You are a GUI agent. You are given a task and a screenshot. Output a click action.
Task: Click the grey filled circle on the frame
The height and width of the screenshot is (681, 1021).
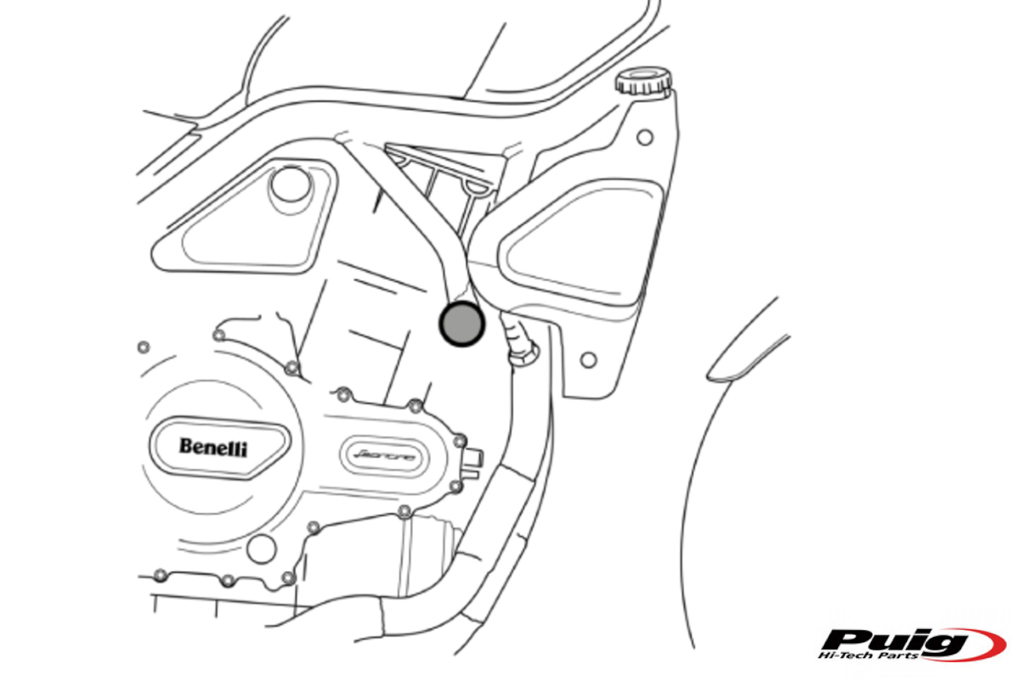point(462,323)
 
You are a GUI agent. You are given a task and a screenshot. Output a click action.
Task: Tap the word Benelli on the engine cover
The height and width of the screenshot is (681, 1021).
point(213,447)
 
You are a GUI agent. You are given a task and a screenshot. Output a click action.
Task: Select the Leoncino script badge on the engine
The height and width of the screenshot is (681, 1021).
point(385,456)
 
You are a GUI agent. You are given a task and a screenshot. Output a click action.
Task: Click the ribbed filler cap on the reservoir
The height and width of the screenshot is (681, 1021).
point(643,80)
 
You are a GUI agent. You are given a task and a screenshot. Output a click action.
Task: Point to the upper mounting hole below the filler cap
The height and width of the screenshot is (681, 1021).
point(645,137)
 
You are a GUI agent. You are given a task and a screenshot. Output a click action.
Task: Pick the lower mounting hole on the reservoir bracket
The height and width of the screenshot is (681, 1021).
point(587,361)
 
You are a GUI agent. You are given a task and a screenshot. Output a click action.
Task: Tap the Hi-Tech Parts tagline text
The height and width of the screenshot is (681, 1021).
point(868,656)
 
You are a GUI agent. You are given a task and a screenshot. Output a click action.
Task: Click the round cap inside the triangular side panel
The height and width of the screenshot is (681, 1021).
point(287,185)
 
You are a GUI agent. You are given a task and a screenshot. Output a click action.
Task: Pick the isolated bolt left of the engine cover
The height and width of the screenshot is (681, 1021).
point(143,347)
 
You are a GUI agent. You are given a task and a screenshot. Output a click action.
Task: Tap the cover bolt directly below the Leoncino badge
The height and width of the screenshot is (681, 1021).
point(404,512)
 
